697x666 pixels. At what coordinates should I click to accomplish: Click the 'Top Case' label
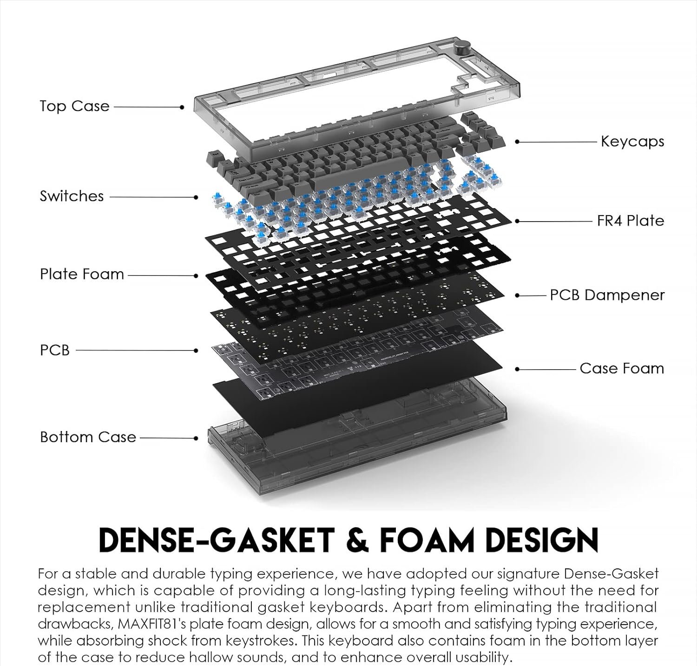tap(74, 106)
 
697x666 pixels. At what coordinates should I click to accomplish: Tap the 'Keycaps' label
tap(632, 141)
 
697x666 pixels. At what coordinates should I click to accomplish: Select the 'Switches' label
tap(72, 196)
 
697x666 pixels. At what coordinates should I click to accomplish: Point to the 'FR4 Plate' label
tap(631, 221)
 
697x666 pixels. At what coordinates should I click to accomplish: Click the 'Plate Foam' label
tap(82, 274)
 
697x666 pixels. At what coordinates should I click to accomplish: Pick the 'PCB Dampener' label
tap(607, 295)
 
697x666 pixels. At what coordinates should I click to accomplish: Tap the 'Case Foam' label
tap(622, 368)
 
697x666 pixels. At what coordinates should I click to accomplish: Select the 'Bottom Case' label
tap(88, 437)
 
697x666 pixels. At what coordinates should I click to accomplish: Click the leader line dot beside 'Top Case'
tap(182, 107)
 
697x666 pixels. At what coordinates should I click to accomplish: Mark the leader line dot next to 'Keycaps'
tap(518, 142)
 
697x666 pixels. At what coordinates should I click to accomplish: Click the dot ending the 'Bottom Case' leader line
tap(196, 438)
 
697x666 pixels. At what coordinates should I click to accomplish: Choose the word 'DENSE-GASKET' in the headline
tap(217, 540)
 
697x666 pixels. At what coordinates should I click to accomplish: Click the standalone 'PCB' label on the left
tap(54, 350)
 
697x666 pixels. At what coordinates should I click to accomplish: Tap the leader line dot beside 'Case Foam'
tap(518, 369)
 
